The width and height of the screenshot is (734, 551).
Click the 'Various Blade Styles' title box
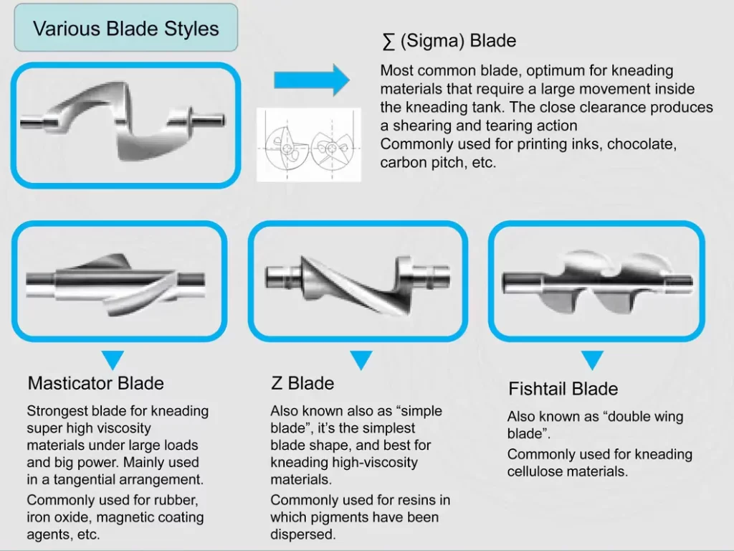(x=125, y=28)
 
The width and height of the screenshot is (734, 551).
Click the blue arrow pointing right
(x=310, y=79)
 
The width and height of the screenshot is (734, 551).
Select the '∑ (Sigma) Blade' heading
(x=449, y=41)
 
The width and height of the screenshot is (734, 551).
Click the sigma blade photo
(x=123, y=124)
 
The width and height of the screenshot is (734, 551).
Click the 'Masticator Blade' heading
(x=95, y=383)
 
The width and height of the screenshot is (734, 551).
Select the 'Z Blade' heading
(x=302, y=383)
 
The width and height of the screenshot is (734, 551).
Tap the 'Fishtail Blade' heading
(x=563, y=389)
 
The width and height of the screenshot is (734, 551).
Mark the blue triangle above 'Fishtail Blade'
(x=592, y=359)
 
